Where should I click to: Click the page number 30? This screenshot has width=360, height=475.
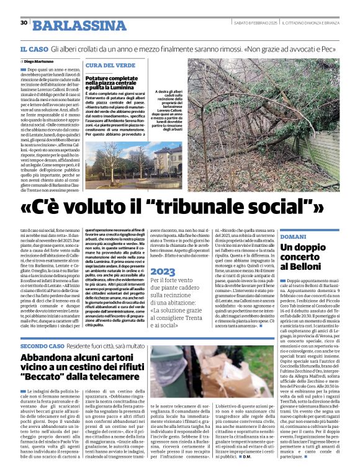click(x=24, y=22)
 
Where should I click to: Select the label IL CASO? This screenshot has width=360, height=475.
click(x=34, y=48)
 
